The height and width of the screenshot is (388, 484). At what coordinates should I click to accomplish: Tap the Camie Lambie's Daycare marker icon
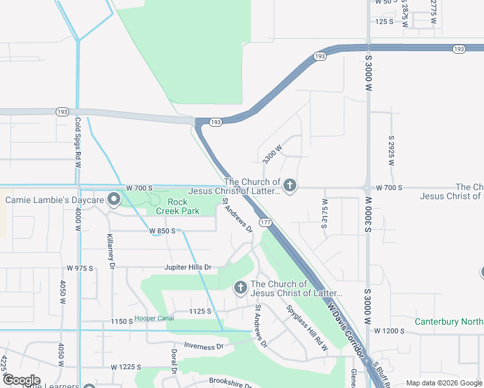click(x=114, y=200)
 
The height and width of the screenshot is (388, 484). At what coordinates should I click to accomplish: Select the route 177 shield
click(x=265, y=222)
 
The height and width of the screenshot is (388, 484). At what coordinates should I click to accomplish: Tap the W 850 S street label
click(x=163, y=231)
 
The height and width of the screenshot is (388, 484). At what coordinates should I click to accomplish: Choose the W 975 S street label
click(x=80, y=268)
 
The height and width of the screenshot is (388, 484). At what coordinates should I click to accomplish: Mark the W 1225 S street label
click(x=126, y=367)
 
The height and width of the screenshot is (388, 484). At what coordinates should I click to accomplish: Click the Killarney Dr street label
click(x=111, y=251)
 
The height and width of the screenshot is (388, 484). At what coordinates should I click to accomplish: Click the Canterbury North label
click(x=448, y=321)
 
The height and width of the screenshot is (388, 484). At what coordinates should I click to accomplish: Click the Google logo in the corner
click(x=21, y=380)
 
